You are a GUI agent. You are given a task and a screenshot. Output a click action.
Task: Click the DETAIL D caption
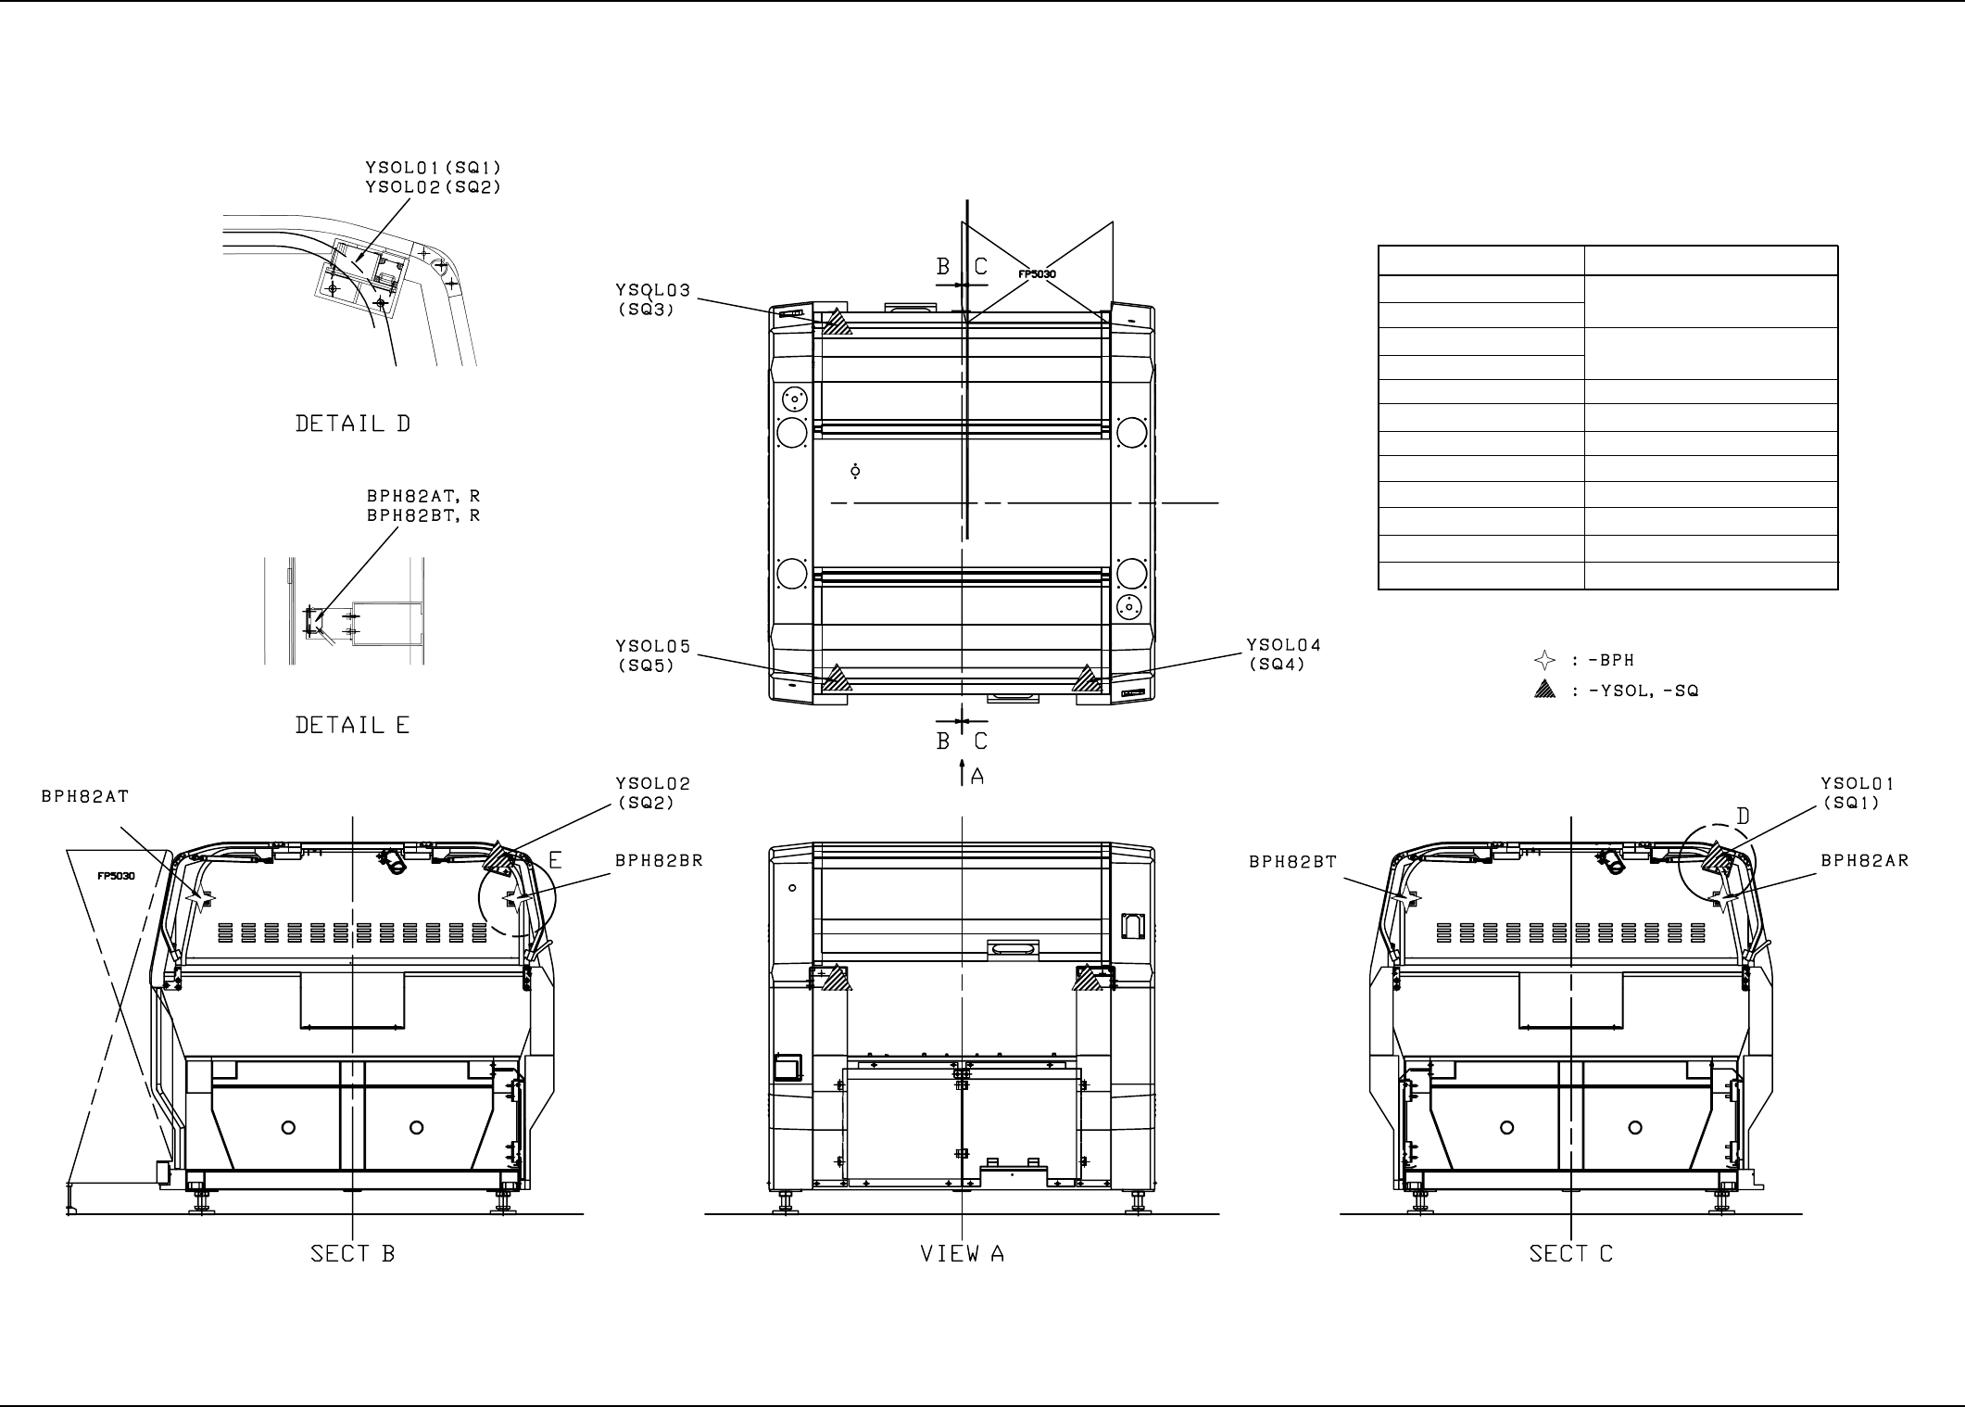click(x=352, y=424)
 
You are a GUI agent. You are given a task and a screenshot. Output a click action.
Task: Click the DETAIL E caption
click(x=352, y=725)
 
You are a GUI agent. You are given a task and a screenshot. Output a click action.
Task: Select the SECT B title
click(x=352, y=1254)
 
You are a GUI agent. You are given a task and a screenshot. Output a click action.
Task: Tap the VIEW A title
click(x=962, y=1254)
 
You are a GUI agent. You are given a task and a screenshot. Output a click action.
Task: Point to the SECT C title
click(x=1571, y=1254)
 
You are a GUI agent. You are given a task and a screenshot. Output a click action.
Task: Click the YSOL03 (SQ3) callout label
click(x=654, y=300)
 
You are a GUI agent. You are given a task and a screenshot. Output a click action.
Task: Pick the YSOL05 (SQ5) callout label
click(x=654, y=655)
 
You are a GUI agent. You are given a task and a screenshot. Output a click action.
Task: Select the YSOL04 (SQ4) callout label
click(x=1284, y=653)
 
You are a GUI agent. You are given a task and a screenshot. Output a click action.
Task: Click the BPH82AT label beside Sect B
click(x=85, y=796)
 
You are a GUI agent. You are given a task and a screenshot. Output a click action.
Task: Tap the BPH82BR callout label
click(x=660, y=860)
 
